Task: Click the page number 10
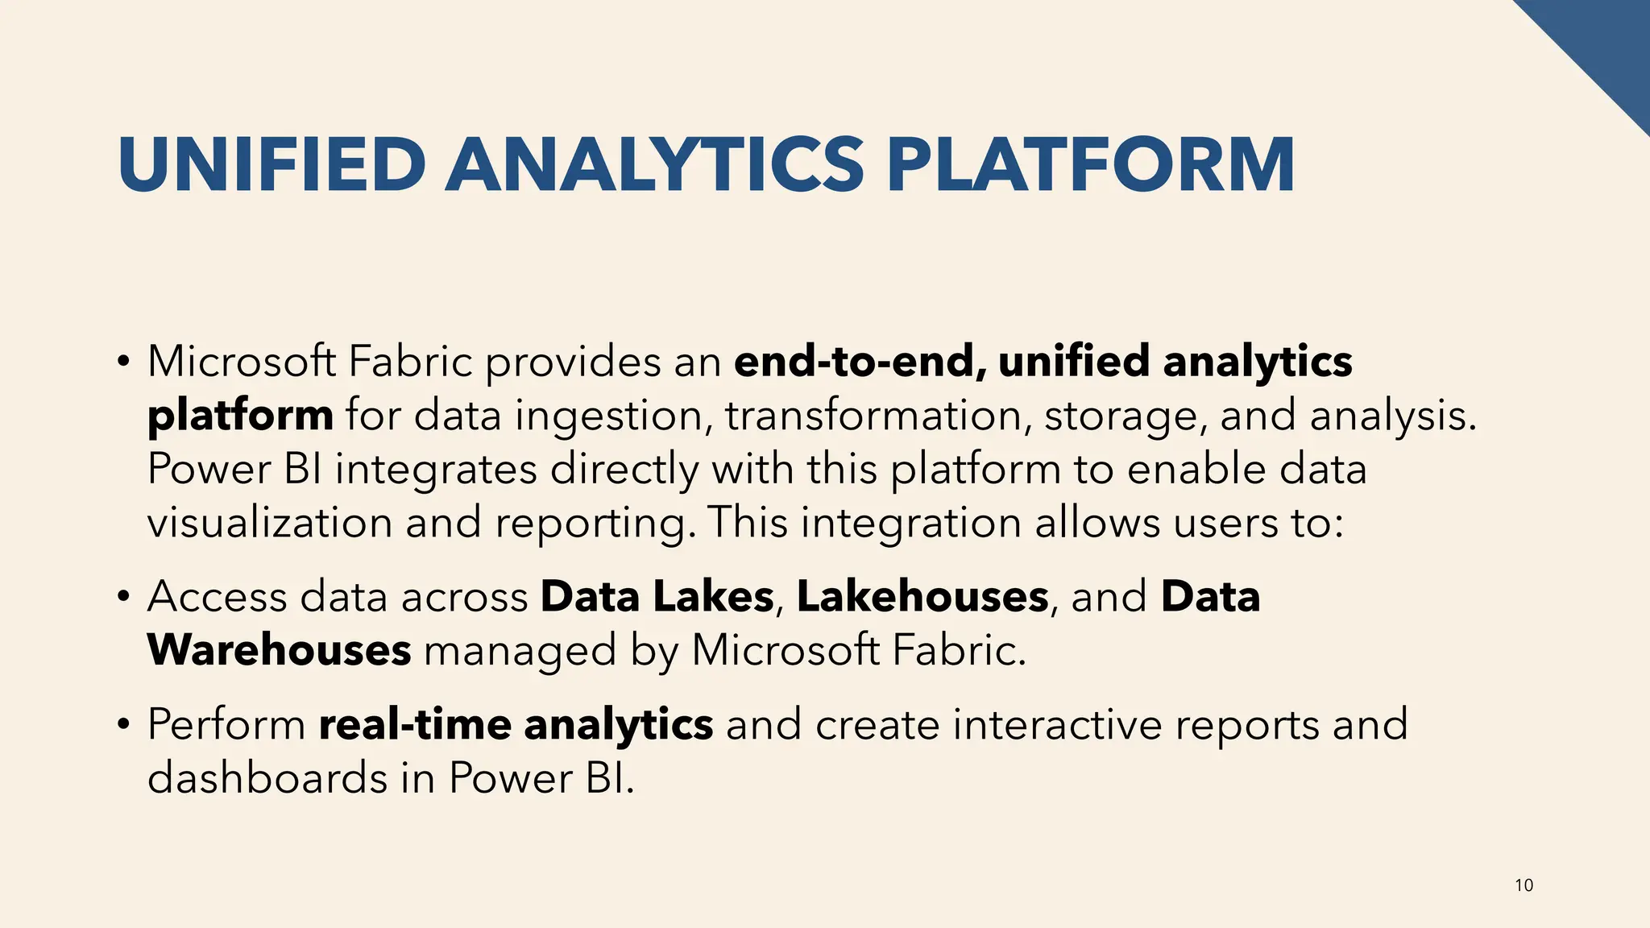click(1524, 886)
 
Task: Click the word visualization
click(269, 523)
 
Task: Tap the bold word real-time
click(415, 724)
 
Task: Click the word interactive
click(1058, 724)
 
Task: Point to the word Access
click(217, 597)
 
